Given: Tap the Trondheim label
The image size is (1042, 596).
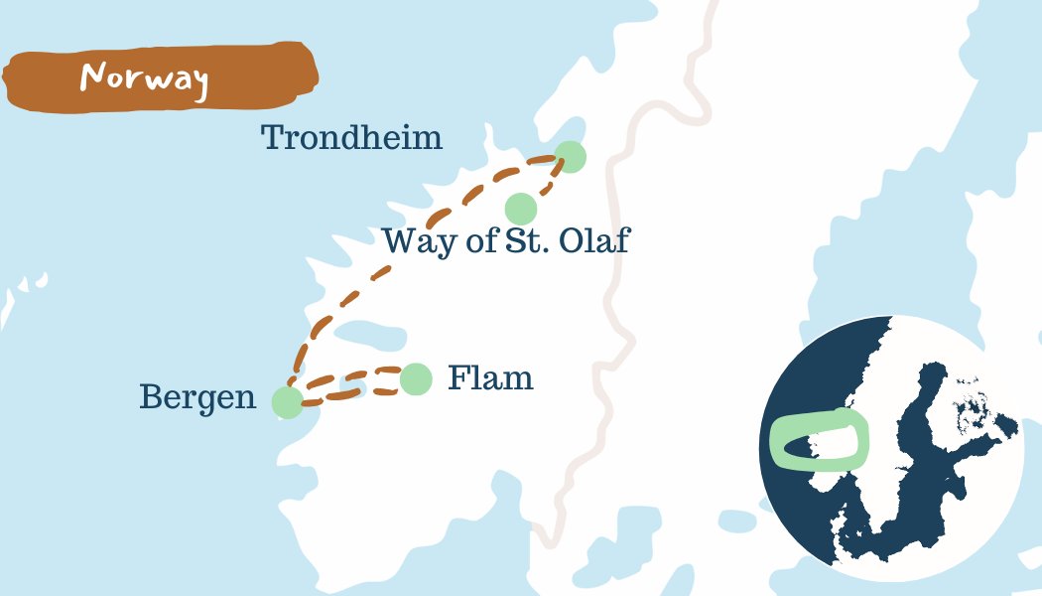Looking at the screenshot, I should pyautogui.click(x=351, y=137).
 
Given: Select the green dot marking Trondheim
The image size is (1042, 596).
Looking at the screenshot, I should pyautogui.click(x=570, y=157).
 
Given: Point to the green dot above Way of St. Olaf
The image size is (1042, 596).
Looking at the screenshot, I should pyautogui.click(x=521, y=210).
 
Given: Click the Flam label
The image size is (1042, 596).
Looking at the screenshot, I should pyautogui.click(x=490, y=378).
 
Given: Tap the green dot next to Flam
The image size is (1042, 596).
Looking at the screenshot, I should pyautogui.click(x=416, y=378).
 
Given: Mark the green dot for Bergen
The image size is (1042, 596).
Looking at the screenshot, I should pyautogui.click(x=287, y=402).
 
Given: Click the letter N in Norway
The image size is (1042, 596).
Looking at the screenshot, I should pyautogui.click(x=94, y=76).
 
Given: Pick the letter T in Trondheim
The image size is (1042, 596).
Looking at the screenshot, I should pyautogui.click(x=272, y=137).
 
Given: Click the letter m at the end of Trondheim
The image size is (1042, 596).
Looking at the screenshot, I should pyautogui.click(x=427, y=138).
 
